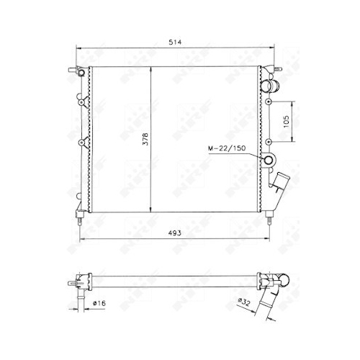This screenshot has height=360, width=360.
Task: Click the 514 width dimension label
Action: click(175, 42)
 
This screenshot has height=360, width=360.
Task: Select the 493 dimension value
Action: click(174, 233)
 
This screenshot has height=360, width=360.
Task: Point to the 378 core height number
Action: click(145, 139)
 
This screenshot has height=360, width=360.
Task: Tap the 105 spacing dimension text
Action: click(287, 122)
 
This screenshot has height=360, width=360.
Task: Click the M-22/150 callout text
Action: click(227, 148)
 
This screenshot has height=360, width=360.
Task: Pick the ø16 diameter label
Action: click(99, 303)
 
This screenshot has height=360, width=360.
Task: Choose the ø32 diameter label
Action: click(244, 302)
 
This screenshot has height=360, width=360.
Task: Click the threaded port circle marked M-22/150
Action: click(268, 161)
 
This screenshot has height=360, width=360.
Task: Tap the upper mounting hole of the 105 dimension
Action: click(269, 102)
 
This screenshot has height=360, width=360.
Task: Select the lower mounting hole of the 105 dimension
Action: click(269, 142)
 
